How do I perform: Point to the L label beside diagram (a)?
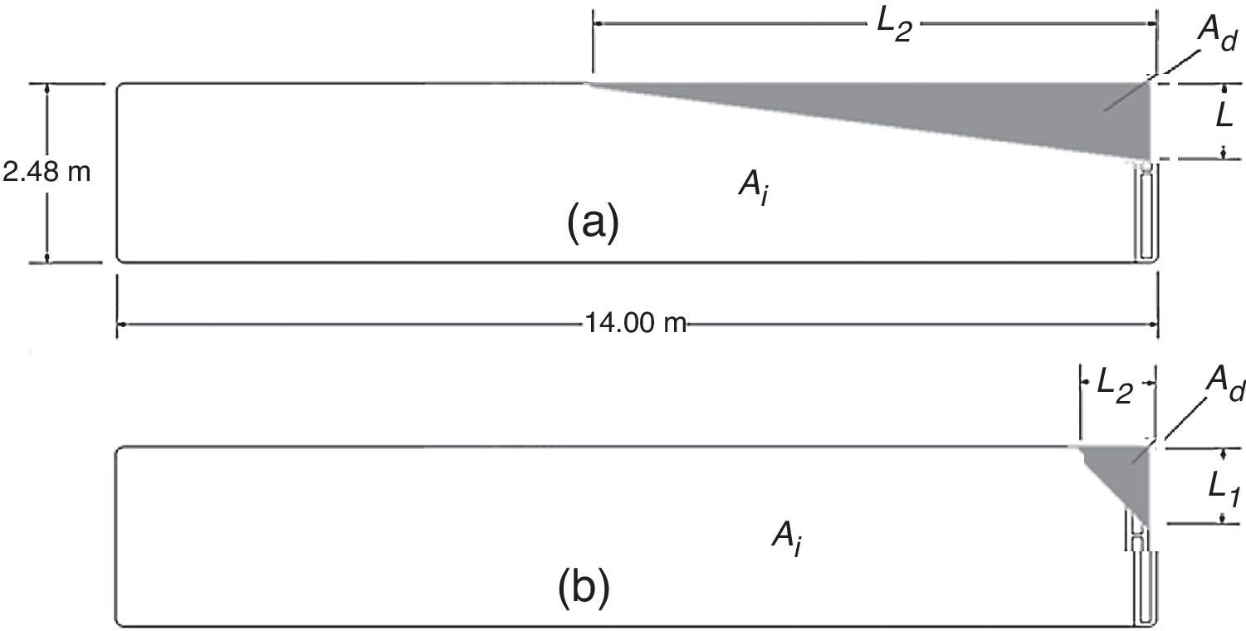[1224, 117]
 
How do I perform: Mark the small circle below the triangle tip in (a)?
[1146, 166]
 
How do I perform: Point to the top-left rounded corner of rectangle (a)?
[120, 87]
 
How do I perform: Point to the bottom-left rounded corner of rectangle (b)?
[119, 621]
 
